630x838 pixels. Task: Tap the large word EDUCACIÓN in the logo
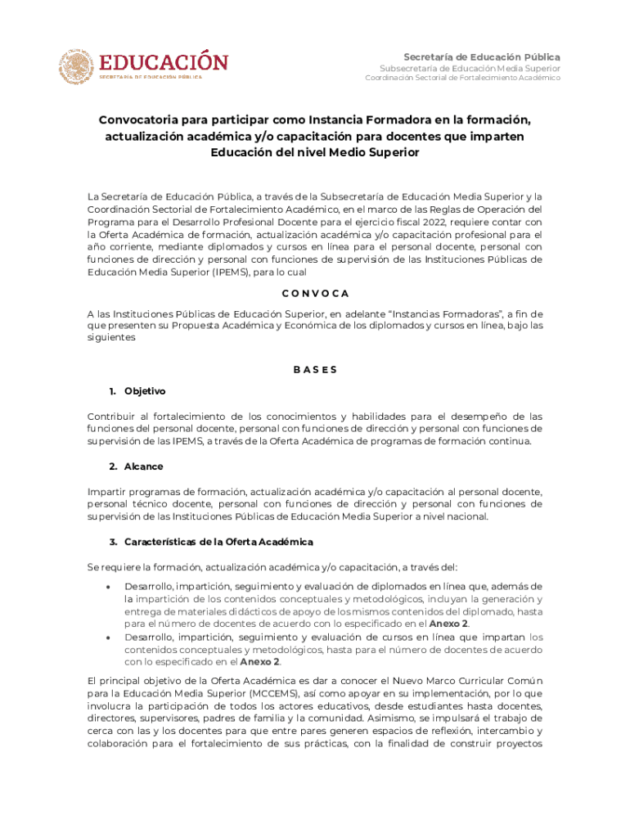[x=164, y=62]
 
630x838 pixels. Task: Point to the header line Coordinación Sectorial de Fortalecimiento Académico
[x=462, y=78]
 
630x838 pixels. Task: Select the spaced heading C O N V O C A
[x=315, y=293]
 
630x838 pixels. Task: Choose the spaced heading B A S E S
[x=315, y=369]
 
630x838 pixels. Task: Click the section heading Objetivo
[x=145, y=390]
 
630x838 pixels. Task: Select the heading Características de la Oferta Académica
[x=218, y=542]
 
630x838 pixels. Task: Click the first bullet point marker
[x=109, y=587]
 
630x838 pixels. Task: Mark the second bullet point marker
[x=109, y=636]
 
